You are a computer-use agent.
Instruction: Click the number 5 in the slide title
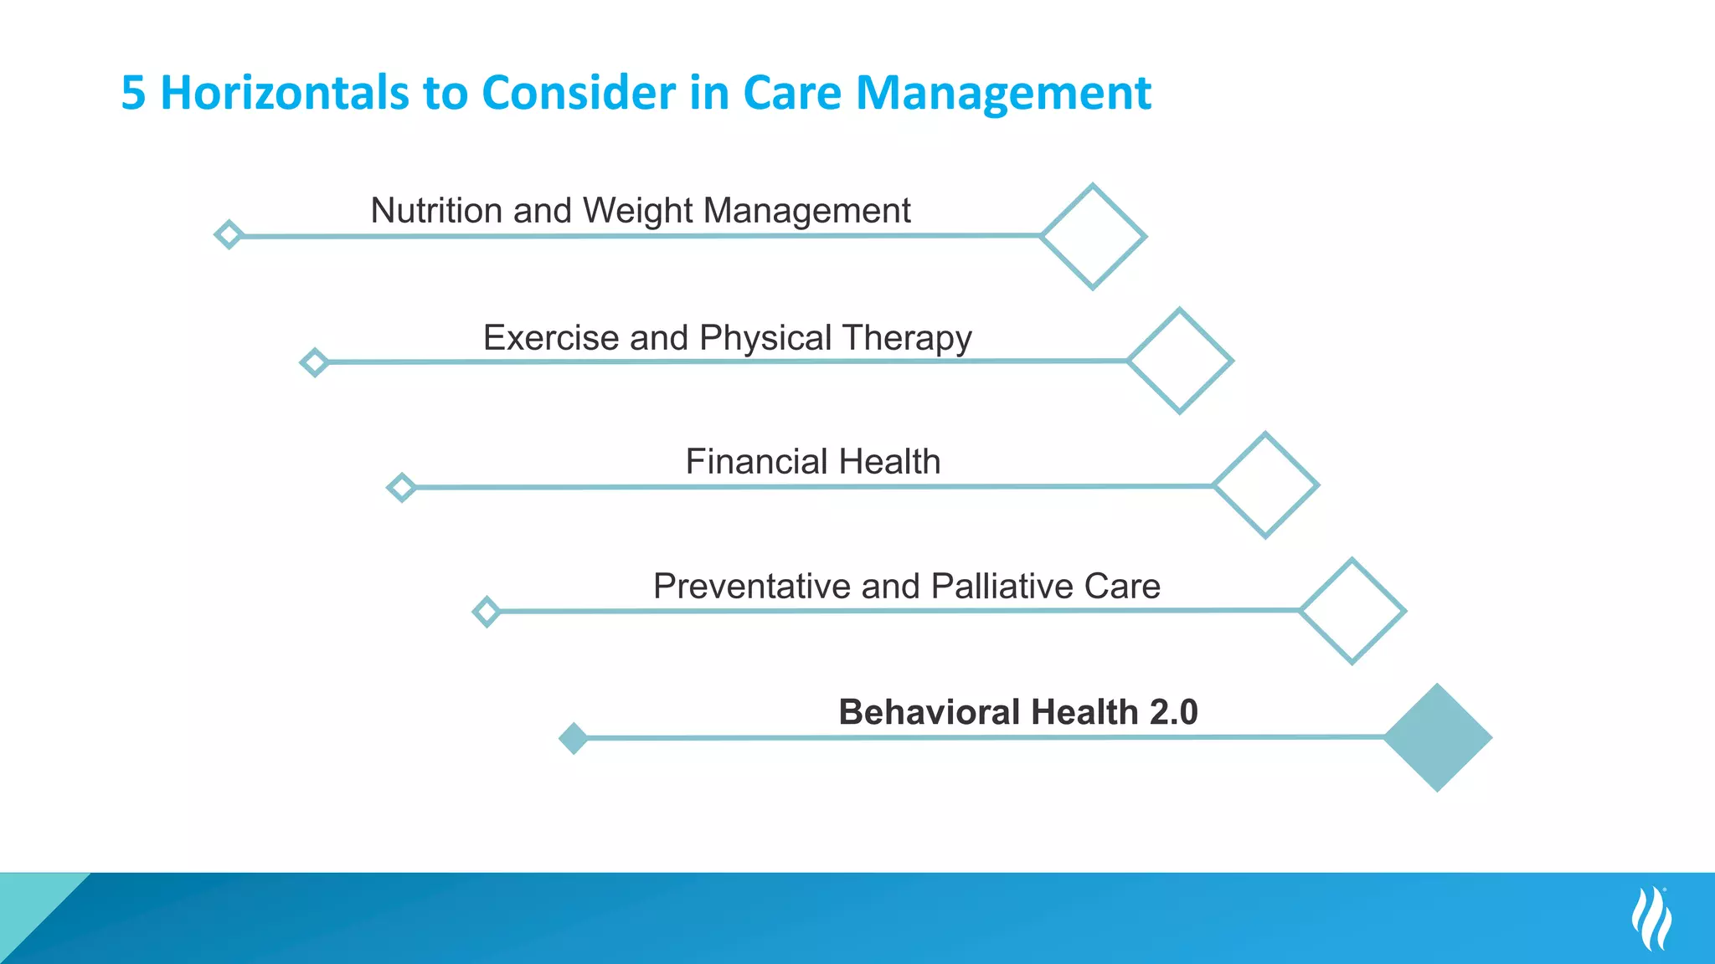134,93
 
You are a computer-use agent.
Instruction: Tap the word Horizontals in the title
285,93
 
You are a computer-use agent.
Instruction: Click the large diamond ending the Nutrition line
1093,237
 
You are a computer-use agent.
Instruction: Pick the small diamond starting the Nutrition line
229,235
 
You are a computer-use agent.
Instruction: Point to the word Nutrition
436,210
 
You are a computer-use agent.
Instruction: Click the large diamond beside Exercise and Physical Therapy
1180,361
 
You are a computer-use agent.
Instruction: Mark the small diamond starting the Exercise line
314,362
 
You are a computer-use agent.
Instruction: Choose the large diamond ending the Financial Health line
1266,485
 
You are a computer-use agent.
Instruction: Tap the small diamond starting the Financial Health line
401,487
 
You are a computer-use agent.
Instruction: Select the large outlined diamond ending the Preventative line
1352,611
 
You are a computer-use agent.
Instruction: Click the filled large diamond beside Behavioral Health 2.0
1438,737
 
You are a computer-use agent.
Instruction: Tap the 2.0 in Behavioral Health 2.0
1173,712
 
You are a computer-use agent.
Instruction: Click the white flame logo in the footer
1651,919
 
